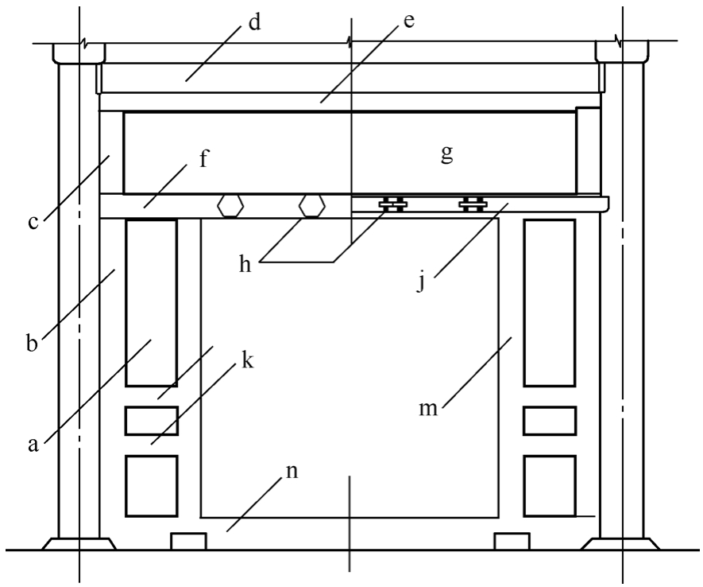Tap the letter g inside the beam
coord(447,154)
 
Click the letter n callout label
coord(293,470)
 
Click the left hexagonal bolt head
coord(230,205)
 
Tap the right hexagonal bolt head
coord(311,205)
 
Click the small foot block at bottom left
coord(189,541)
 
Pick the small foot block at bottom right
coord(512,541)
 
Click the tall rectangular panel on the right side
coord(549,302)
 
